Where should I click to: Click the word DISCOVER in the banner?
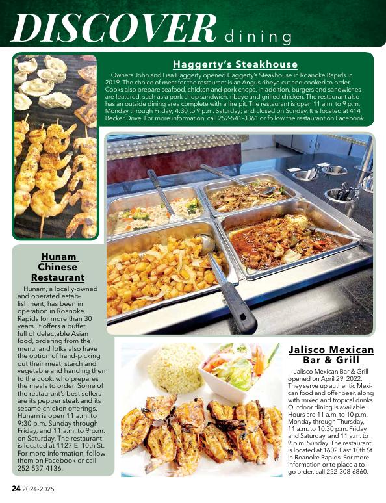tap(114, 27)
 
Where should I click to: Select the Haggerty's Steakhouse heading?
tap(235, 64)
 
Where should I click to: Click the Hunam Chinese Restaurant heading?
tap(58, 267)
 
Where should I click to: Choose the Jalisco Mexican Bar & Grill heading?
tap(331, 355)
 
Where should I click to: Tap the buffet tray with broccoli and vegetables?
tap(153, 211)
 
